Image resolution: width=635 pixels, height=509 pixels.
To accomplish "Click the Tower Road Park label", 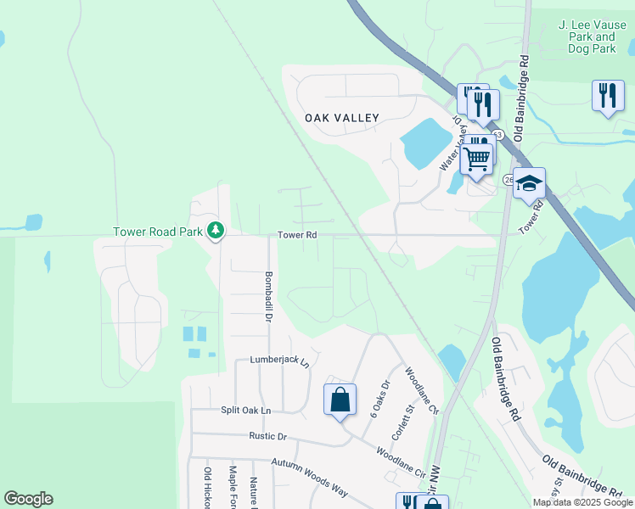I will coord(158,231).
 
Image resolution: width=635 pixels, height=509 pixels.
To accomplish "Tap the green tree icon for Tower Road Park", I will coord(216,230).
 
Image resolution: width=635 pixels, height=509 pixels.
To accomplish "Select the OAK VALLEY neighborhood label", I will coord(342,118).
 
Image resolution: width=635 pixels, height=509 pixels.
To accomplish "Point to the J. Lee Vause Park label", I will coord(587,37).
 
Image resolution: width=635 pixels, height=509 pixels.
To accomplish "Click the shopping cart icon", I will coord(477,157).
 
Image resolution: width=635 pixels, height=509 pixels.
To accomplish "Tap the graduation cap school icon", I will coord(529,183).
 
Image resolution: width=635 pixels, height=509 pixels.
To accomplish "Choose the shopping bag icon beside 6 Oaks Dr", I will coord(340,400).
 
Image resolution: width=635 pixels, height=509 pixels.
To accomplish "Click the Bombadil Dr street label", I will coord(267,296).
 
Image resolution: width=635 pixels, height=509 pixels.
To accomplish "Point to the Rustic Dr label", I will coord(267,436).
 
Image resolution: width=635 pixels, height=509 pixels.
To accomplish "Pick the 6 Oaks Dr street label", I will coord(377,396).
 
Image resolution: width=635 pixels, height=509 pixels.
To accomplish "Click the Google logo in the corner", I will coord(28,499).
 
